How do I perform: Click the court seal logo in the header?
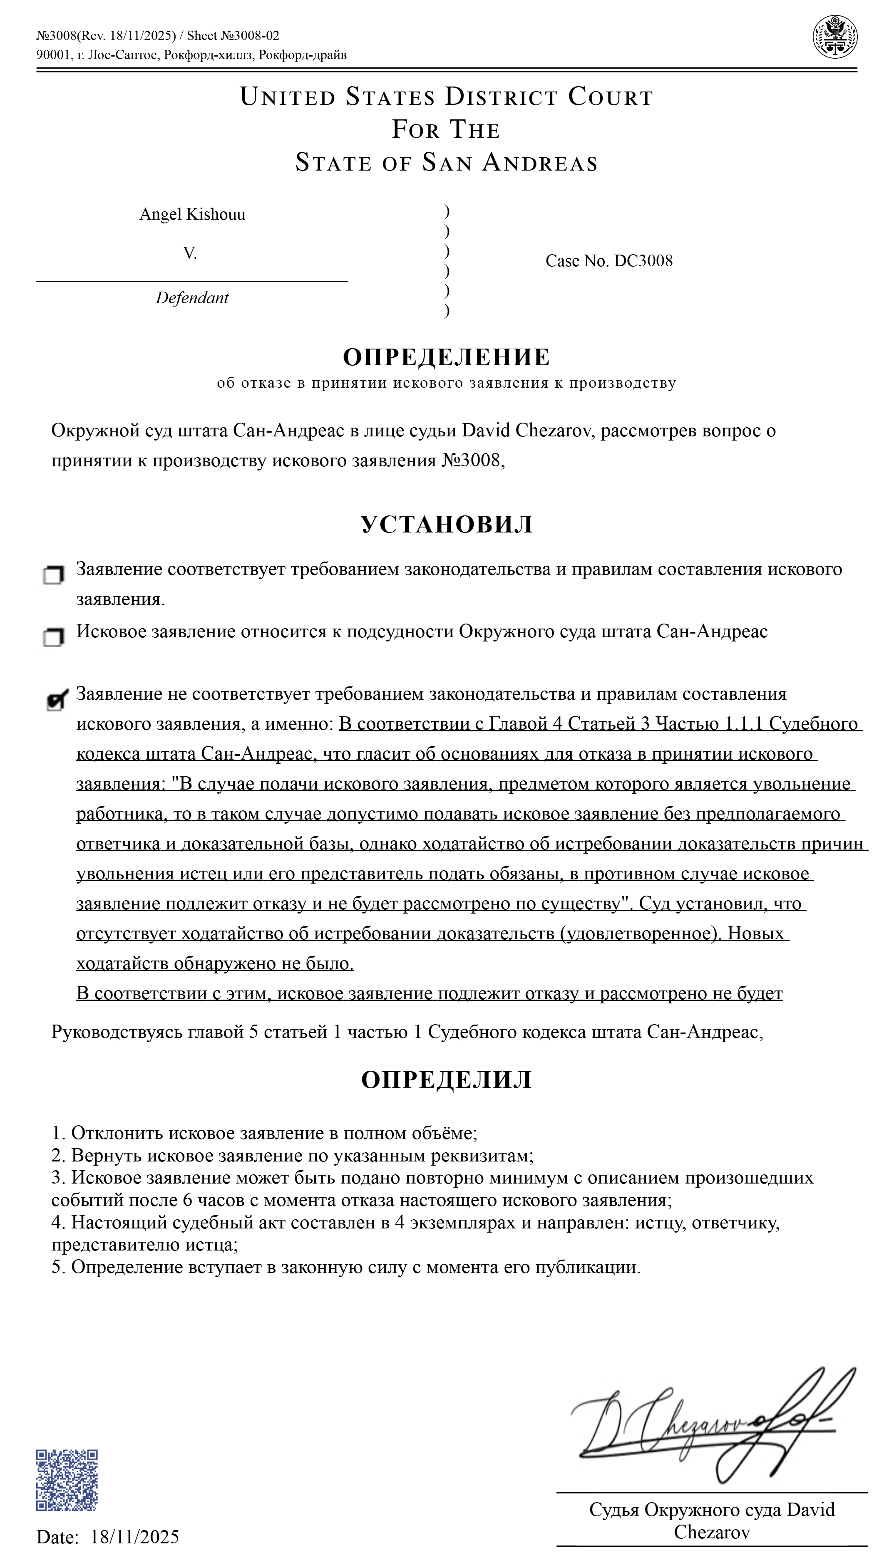pyautogui.click(x=834, y=37)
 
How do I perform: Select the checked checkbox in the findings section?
pyautogui.click(x=56, y=700)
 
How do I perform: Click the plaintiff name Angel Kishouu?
pyautogui.click(x=192, y=214)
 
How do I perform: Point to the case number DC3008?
pyautogui.click(x=643, y=261)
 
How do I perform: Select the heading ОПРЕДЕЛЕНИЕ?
pyautogui.click(x=447, y=357)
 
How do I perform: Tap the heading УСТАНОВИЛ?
pyautogui.click(x=447, y=524)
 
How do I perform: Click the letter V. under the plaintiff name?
pyautogui.click(x=190, y=253)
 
